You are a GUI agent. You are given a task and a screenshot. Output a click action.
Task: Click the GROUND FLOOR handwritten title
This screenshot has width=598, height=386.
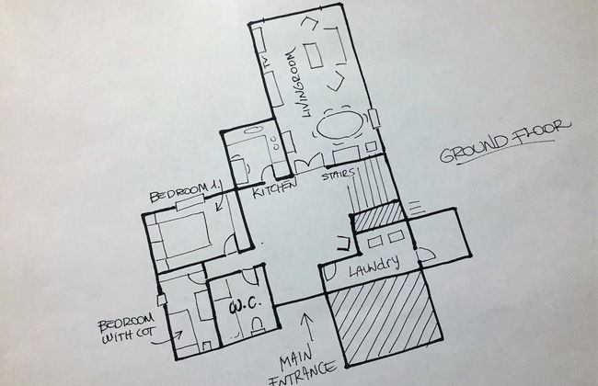504,141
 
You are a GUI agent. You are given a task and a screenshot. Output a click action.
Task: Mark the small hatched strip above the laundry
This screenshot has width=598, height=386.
377,220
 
